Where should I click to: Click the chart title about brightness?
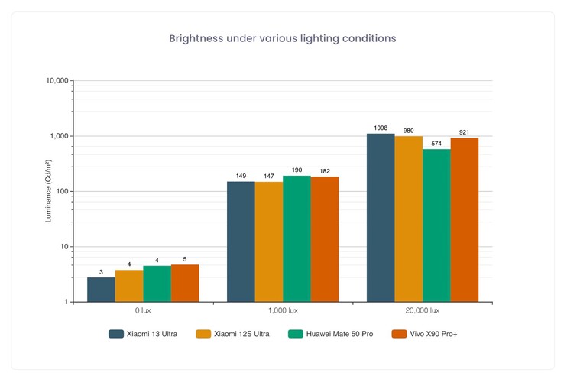[282, 37]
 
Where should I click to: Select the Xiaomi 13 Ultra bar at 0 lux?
[101, 290]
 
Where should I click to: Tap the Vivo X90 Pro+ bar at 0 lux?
[185, 284]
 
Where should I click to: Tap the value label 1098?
[381, 127]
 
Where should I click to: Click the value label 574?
[436, 143]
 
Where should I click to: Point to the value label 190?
[297, 170]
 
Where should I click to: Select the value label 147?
[268, 176]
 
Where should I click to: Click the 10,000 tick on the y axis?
[58, 80]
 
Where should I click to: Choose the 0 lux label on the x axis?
[143, 311]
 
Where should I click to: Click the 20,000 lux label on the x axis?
[423, 311]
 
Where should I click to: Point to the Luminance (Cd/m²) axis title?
[49, 191]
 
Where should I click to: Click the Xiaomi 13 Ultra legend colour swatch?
[116, 334]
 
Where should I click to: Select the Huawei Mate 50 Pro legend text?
[341, 334]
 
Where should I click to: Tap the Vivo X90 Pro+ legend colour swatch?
[398, 334]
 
